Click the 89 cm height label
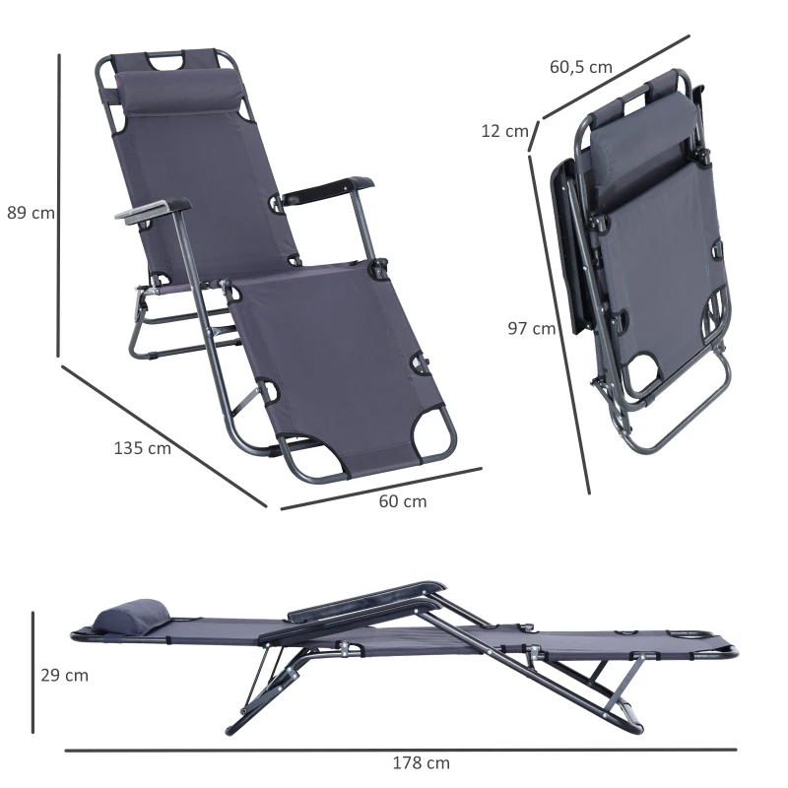point(31,213)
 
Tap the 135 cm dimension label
point(142,448)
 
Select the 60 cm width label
point(403,501)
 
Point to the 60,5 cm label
point(580,67)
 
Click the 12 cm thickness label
point(504,131)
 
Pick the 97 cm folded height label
point(531,329)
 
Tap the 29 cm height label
point(64,675)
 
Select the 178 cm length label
point(421,762)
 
